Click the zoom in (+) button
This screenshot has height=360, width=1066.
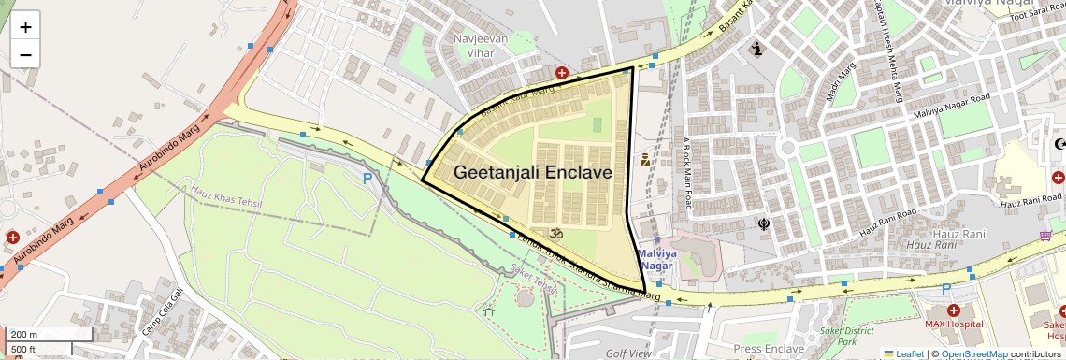click(x=25, y=26)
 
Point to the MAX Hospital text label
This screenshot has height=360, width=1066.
click(x=953, y=324)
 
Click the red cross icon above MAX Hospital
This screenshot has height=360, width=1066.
click(x=953, y=310)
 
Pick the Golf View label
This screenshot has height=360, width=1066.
click(x=627, y=353)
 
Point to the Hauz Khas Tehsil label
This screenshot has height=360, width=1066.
click(x=223, y=196)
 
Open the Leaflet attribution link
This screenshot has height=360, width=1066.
click(x=903, y=353)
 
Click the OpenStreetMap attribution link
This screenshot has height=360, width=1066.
click(x=974, y=353)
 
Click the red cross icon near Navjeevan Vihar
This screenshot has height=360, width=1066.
click(x=562, y=72)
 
